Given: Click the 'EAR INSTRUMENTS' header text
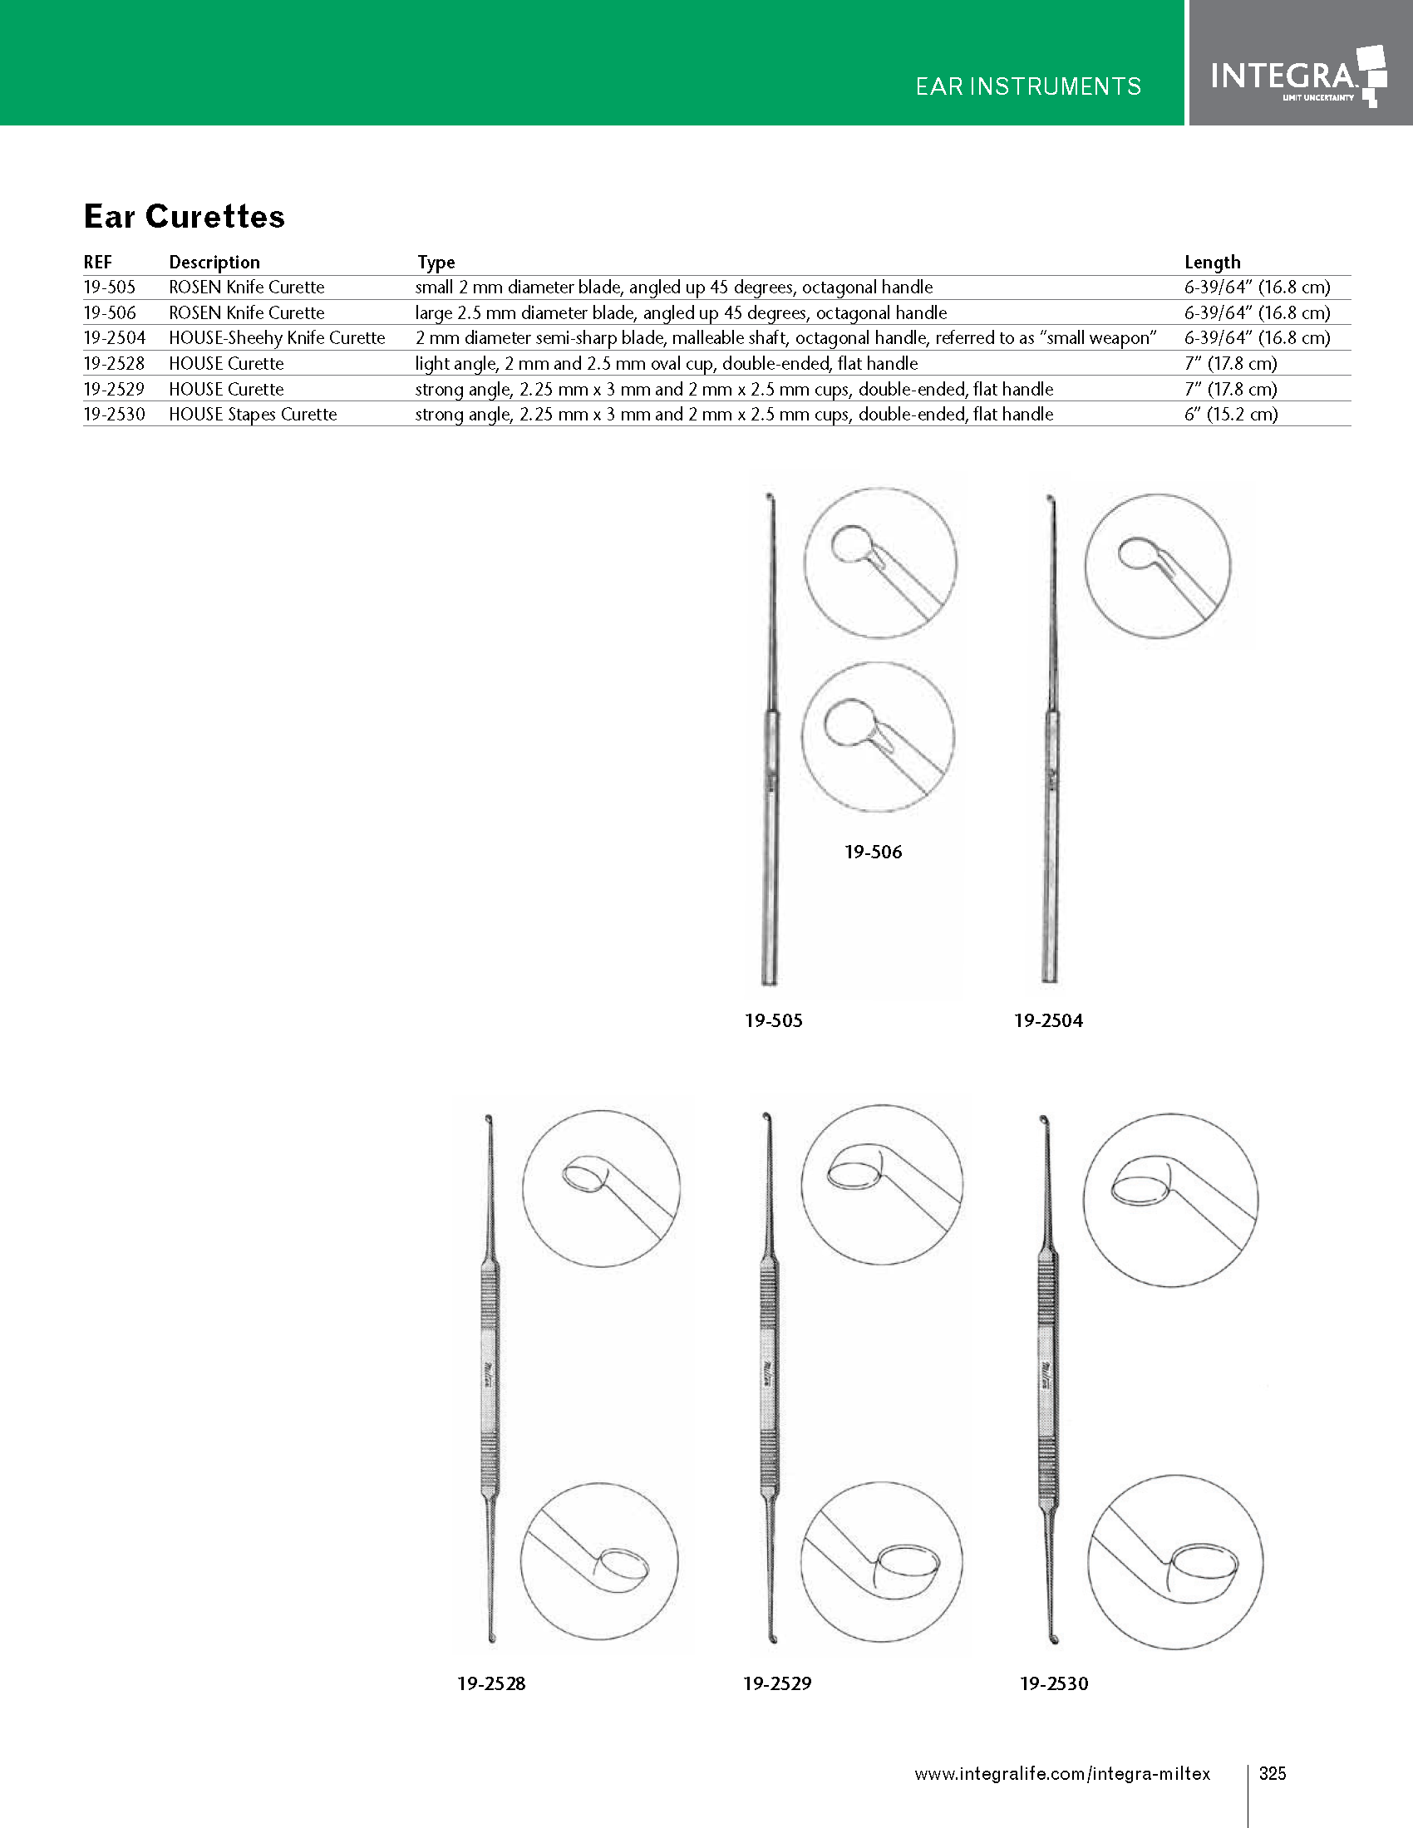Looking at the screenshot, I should pyautogui.click(x=1028, y=86).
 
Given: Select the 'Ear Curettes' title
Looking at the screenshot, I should pyautogui.click(x=185, y=216).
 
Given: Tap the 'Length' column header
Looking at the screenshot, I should pyautogui.click(x=1212, y=262).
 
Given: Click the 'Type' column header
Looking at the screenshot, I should pyautogui.click(x=436, y=262).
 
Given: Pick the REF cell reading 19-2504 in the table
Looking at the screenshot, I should pyautogui.click(x=115, y=338).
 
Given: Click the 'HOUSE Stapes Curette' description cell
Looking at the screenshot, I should pyautogui.click(x=253, y=415).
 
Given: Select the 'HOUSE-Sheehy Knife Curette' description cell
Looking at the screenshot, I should pyautogui.click(x=277, y=338).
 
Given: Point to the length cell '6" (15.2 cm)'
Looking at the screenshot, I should pyautogui.click(x=1230, y=415).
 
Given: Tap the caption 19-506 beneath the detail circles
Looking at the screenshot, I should pyautogui.click(x=873, y=852).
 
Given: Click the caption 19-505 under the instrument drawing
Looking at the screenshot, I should pyautogui.click(x=774, y=1020).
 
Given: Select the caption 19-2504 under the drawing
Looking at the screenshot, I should pyautogui.click(x=1048, y=1020).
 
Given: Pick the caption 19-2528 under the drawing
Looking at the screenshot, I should pyautogui.click(x=491, y=1683).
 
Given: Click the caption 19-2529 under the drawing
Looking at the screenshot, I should pyautogui.click(x=777, y=1683).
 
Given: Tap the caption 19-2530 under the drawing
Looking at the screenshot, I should pyautogui.click(x=1054, y=1683).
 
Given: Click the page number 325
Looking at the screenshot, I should pyautogui.click(x=1273, y=1773).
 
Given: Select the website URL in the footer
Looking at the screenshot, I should pyautogui.click(x=1061, y=1773).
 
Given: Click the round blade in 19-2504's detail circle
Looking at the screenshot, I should pyautogui.click(x=1139, y=555).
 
